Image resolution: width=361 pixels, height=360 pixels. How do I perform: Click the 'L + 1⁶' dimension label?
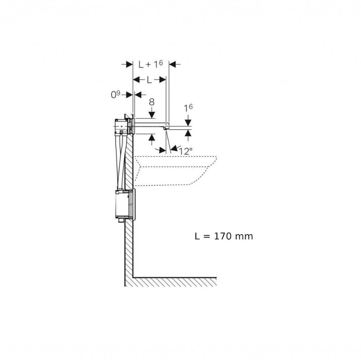pos(151,64)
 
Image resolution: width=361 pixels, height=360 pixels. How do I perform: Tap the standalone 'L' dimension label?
pos(149,80)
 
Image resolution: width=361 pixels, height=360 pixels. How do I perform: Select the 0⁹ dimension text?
pos(116,94)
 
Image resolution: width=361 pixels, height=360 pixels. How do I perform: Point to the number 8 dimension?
pos(152,102)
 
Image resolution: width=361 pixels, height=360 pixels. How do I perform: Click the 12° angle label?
pos(185,151)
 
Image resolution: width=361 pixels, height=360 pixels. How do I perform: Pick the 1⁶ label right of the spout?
pos(188,108)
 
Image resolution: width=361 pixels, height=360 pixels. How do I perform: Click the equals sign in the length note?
pos(207,237)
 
